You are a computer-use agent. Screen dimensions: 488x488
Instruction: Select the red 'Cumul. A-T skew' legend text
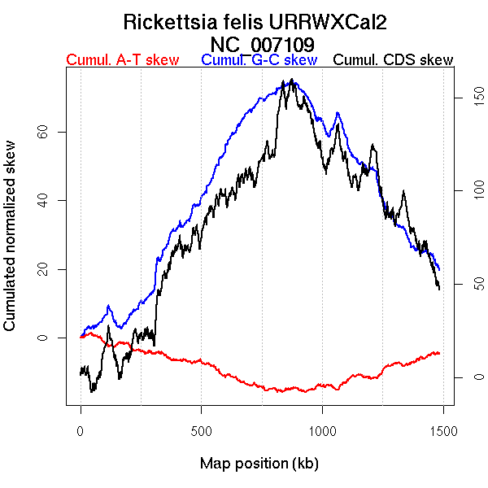[122, 60]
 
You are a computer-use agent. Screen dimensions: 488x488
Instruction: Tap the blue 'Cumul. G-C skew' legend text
[259, 60]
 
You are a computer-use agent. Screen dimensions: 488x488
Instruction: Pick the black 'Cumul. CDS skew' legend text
[394, 60]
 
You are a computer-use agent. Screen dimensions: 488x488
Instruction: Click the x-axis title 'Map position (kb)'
[259, 464]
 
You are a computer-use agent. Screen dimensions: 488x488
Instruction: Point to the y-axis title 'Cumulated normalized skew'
[11, 246]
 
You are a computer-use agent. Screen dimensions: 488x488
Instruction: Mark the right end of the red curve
[439, 353]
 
